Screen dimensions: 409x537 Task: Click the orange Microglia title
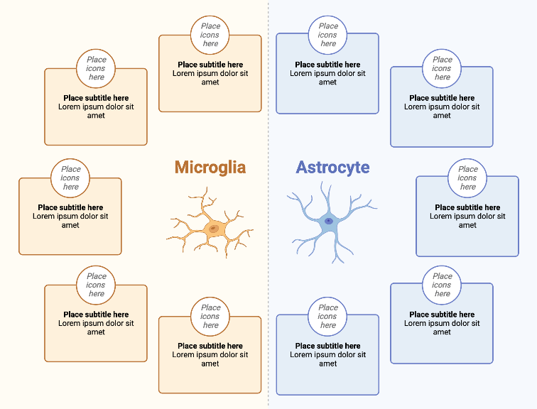tap(210, 168)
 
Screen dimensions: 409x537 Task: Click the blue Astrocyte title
tap(332, 168)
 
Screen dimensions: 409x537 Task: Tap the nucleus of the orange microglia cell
tap(212, 229)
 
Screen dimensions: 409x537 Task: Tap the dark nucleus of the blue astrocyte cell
tap(329, 222)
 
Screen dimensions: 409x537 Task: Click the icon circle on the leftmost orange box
tap(70, 178)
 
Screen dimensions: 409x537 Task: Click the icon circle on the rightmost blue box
tap(467, 178)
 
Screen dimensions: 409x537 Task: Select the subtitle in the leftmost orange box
tap(70, 207)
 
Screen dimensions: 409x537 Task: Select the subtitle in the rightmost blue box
tap(467, 207)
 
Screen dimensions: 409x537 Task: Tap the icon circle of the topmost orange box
tap(210, 35)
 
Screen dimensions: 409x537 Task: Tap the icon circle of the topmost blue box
tap(327, 35)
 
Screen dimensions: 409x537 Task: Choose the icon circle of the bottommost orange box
tap(210, 317)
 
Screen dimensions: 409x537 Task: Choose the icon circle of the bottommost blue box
tap(327, 317)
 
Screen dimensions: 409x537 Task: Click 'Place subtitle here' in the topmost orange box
tap(210, 65)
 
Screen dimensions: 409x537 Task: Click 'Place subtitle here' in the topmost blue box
tap(327, 65)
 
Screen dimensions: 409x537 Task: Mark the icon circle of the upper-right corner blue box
tap(442, 68)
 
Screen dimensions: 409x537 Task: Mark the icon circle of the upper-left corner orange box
tap(96, 68)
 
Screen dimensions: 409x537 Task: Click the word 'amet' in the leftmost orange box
tap(70, 225)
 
